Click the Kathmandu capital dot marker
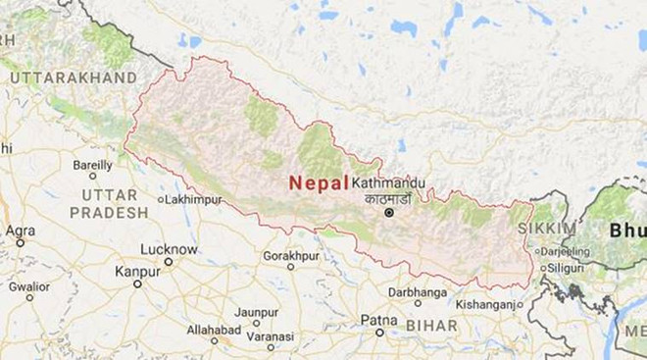pyautogui.click(x=389, y=212)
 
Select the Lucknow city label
pyautogui.click(x=169, y=249)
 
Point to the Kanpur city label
pyautogui.click(x=137, y=270)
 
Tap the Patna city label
pyautogui.click(x=379, y=320)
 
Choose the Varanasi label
pyautogui.click(x=270, y=335)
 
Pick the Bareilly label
pyautogui.click(x=92, y=164)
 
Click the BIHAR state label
pyautogui.click(x=433, y=324)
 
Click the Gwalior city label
pyautogui.click(x=29, y=286)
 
